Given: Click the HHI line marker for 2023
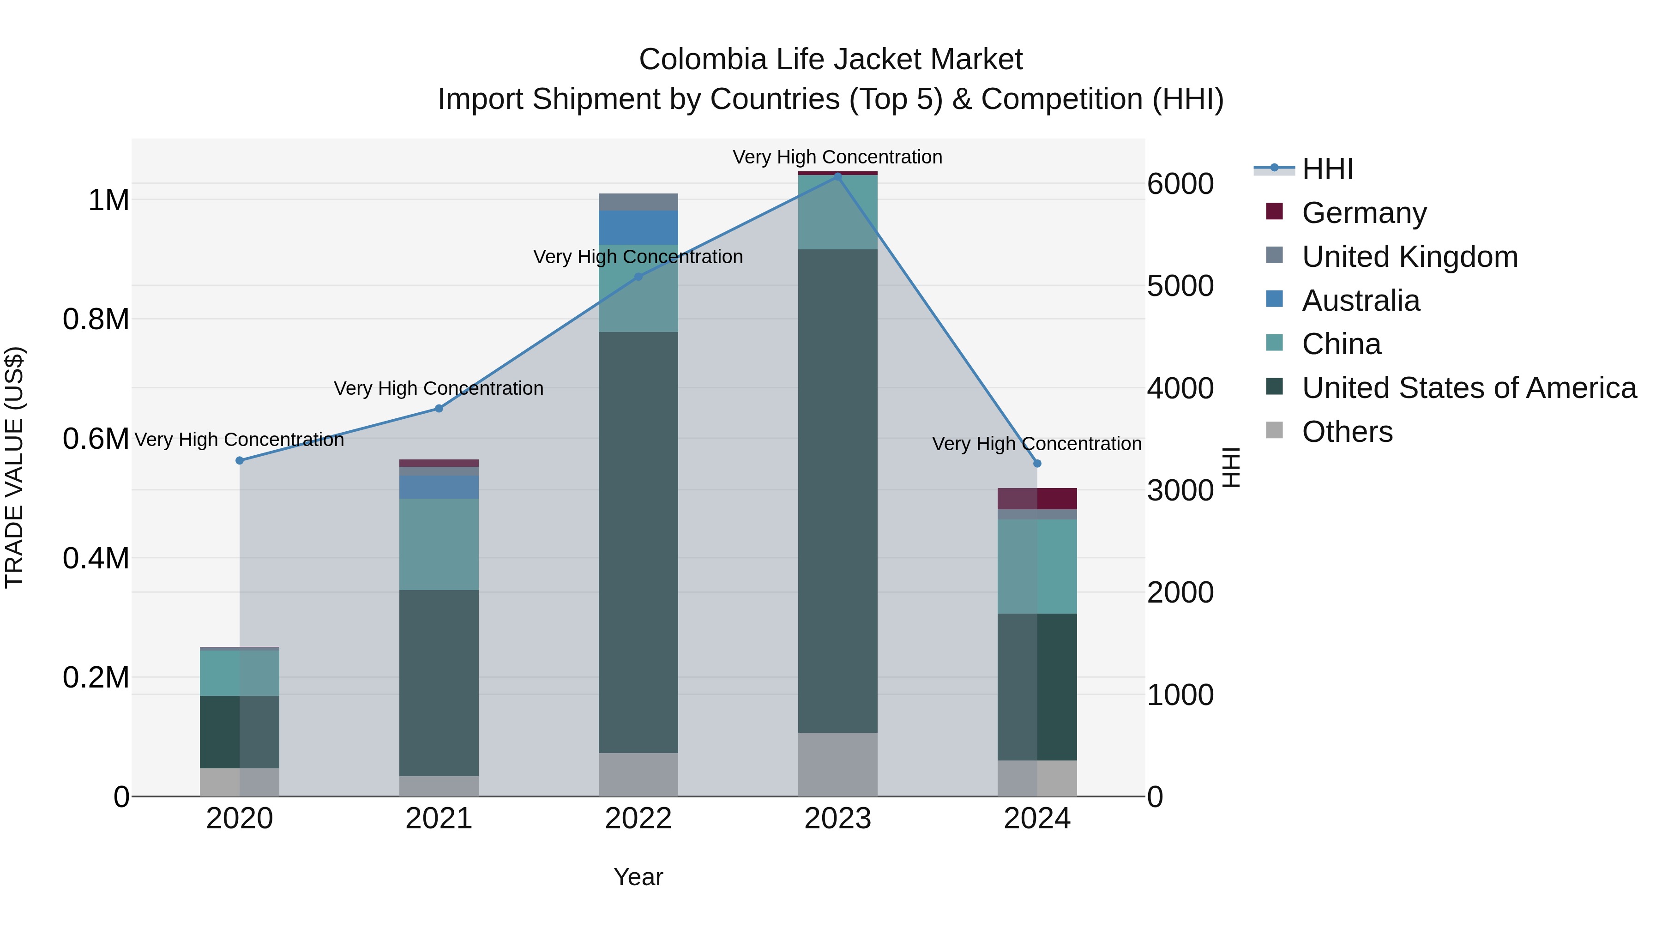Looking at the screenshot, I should click(x=837, y=176).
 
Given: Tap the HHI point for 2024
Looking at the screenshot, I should click(x=1037, y=463).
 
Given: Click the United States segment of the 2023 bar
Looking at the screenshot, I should click(x=837, y=490).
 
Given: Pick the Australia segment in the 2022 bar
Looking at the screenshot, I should click(x=638, y=227).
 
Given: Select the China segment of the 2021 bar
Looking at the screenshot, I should click(x=439, y=544).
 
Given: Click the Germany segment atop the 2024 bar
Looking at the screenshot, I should click(x=1037, y=498).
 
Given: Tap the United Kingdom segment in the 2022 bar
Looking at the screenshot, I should click(x=638, y=202).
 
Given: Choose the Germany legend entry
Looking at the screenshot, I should click(x=1364, y=213).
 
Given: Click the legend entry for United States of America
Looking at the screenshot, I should click(x=1469, y=388).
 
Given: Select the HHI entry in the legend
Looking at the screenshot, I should click(x=1326, y=169).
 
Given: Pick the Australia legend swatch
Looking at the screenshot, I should click(x=1274, y=299).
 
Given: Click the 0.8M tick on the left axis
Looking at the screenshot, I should click(x=96, y=320).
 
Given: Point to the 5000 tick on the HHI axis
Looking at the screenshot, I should click(x=1180, y=286).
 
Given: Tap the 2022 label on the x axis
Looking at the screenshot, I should click(x=638, y=819).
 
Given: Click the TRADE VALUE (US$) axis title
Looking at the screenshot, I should click(x=14, y=467).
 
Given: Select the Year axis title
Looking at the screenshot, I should click(x=638, y=877).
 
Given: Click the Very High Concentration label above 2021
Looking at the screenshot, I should click(x=439, y=388).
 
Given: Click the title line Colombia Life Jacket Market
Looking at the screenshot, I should click(x=831, y=60).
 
